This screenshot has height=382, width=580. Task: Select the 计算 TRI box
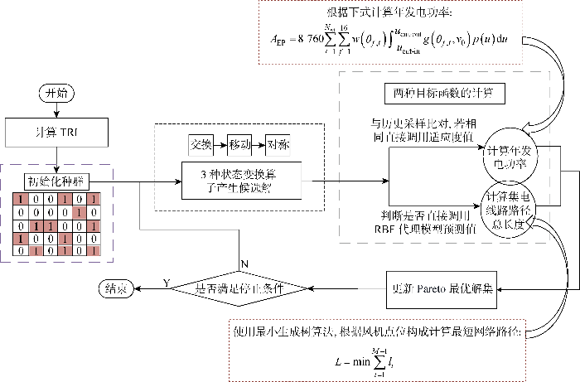(56, 130)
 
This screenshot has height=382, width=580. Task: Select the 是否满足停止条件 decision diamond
(239, 289)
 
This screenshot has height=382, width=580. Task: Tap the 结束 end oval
(115, 288)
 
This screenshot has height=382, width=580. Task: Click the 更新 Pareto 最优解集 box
(442, 289)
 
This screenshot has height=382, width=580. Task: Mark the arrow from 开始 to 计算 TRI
(56, 109)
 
